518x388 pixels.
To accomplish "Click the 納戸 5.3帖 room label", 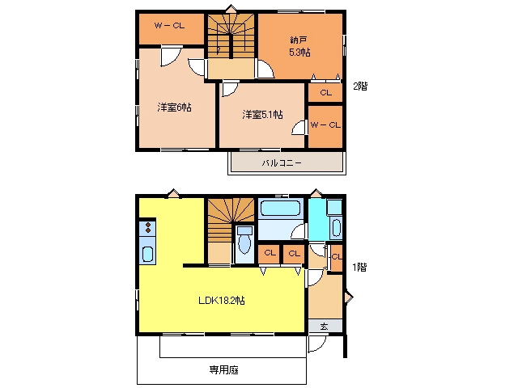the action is pyautogui.click(x=300, y=47).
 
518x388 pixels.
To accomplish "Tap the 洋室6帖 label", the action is pyautogui.click(x=174, y=108).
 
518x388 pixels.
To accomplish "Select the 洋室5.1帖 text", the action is pyautogui.click(x=262, y=115).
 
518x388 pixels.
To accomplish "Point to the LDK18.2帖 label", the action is pyautogui.click(x=222, y=300).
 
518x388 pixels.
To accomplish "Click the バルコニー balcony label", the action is pyautogui.click(x=282, y=163).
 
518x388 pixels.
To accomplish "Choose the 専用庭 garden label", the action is pyautogui.click(x=223, y=370).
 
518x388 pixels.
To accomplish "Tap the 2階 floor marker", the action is pyautogui.click(x=360, y=86).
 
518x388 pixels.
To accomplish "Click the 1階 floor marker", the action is pyautogui.click(x=359, y=267).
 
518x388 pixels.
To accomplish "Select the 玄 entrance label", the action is pyautogui.click(x=324, y=327).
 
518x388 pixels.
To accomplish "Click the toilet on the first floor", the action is pyautogui.click(x=244, y=241).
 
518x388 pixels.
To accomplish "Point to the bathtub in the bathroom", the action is pyautogui.click(x=280, y=209).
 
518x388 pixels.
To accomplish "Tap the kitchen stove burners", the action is pyautogui.click(x=147, y=228).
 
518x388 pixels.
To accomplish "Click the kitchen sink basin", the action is pyautogui.click(x=147, y=254).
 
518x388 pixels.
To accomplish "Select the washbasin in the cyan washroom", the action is pyautogui.click(x=336, y=228).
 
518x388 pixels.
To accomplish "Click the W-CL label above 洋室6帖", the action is pyautogui.click(x=169, y=25).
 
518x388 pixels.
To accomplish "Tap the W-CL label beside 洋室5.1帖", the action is pyautogui.click(x=325, y=124).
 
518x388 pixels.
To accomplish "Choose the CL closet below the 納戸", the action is pyautogui.click(x=325, y=92).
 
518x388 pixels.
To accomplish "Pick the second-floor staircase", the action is pyautogui.click(x=231, y=36).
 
